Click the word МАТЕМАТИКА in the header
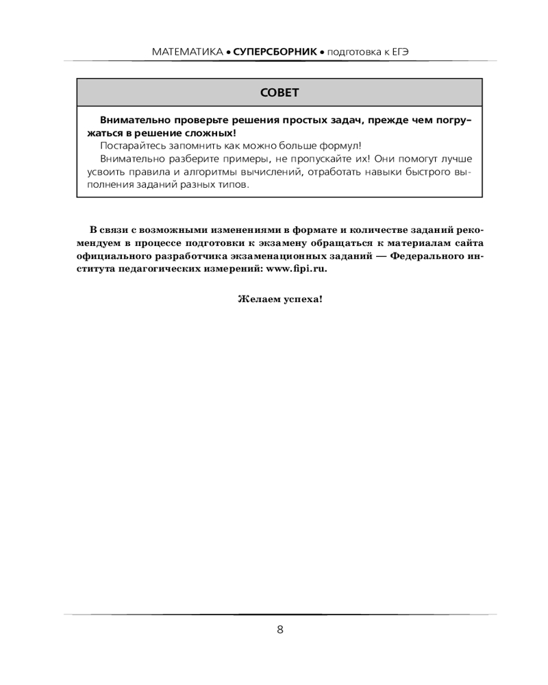tap(186, 51)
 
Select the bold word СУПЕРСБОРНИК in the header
tap(275, 51)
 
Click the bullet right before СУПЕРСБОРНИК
tap(229, 52)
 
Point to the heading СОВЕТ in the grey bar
tap(279, 92)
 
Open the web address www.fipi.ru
tap(296, 269)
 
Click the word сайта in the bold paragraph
tap(457, 242)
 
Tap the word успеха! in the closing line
tap(299, 299)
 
